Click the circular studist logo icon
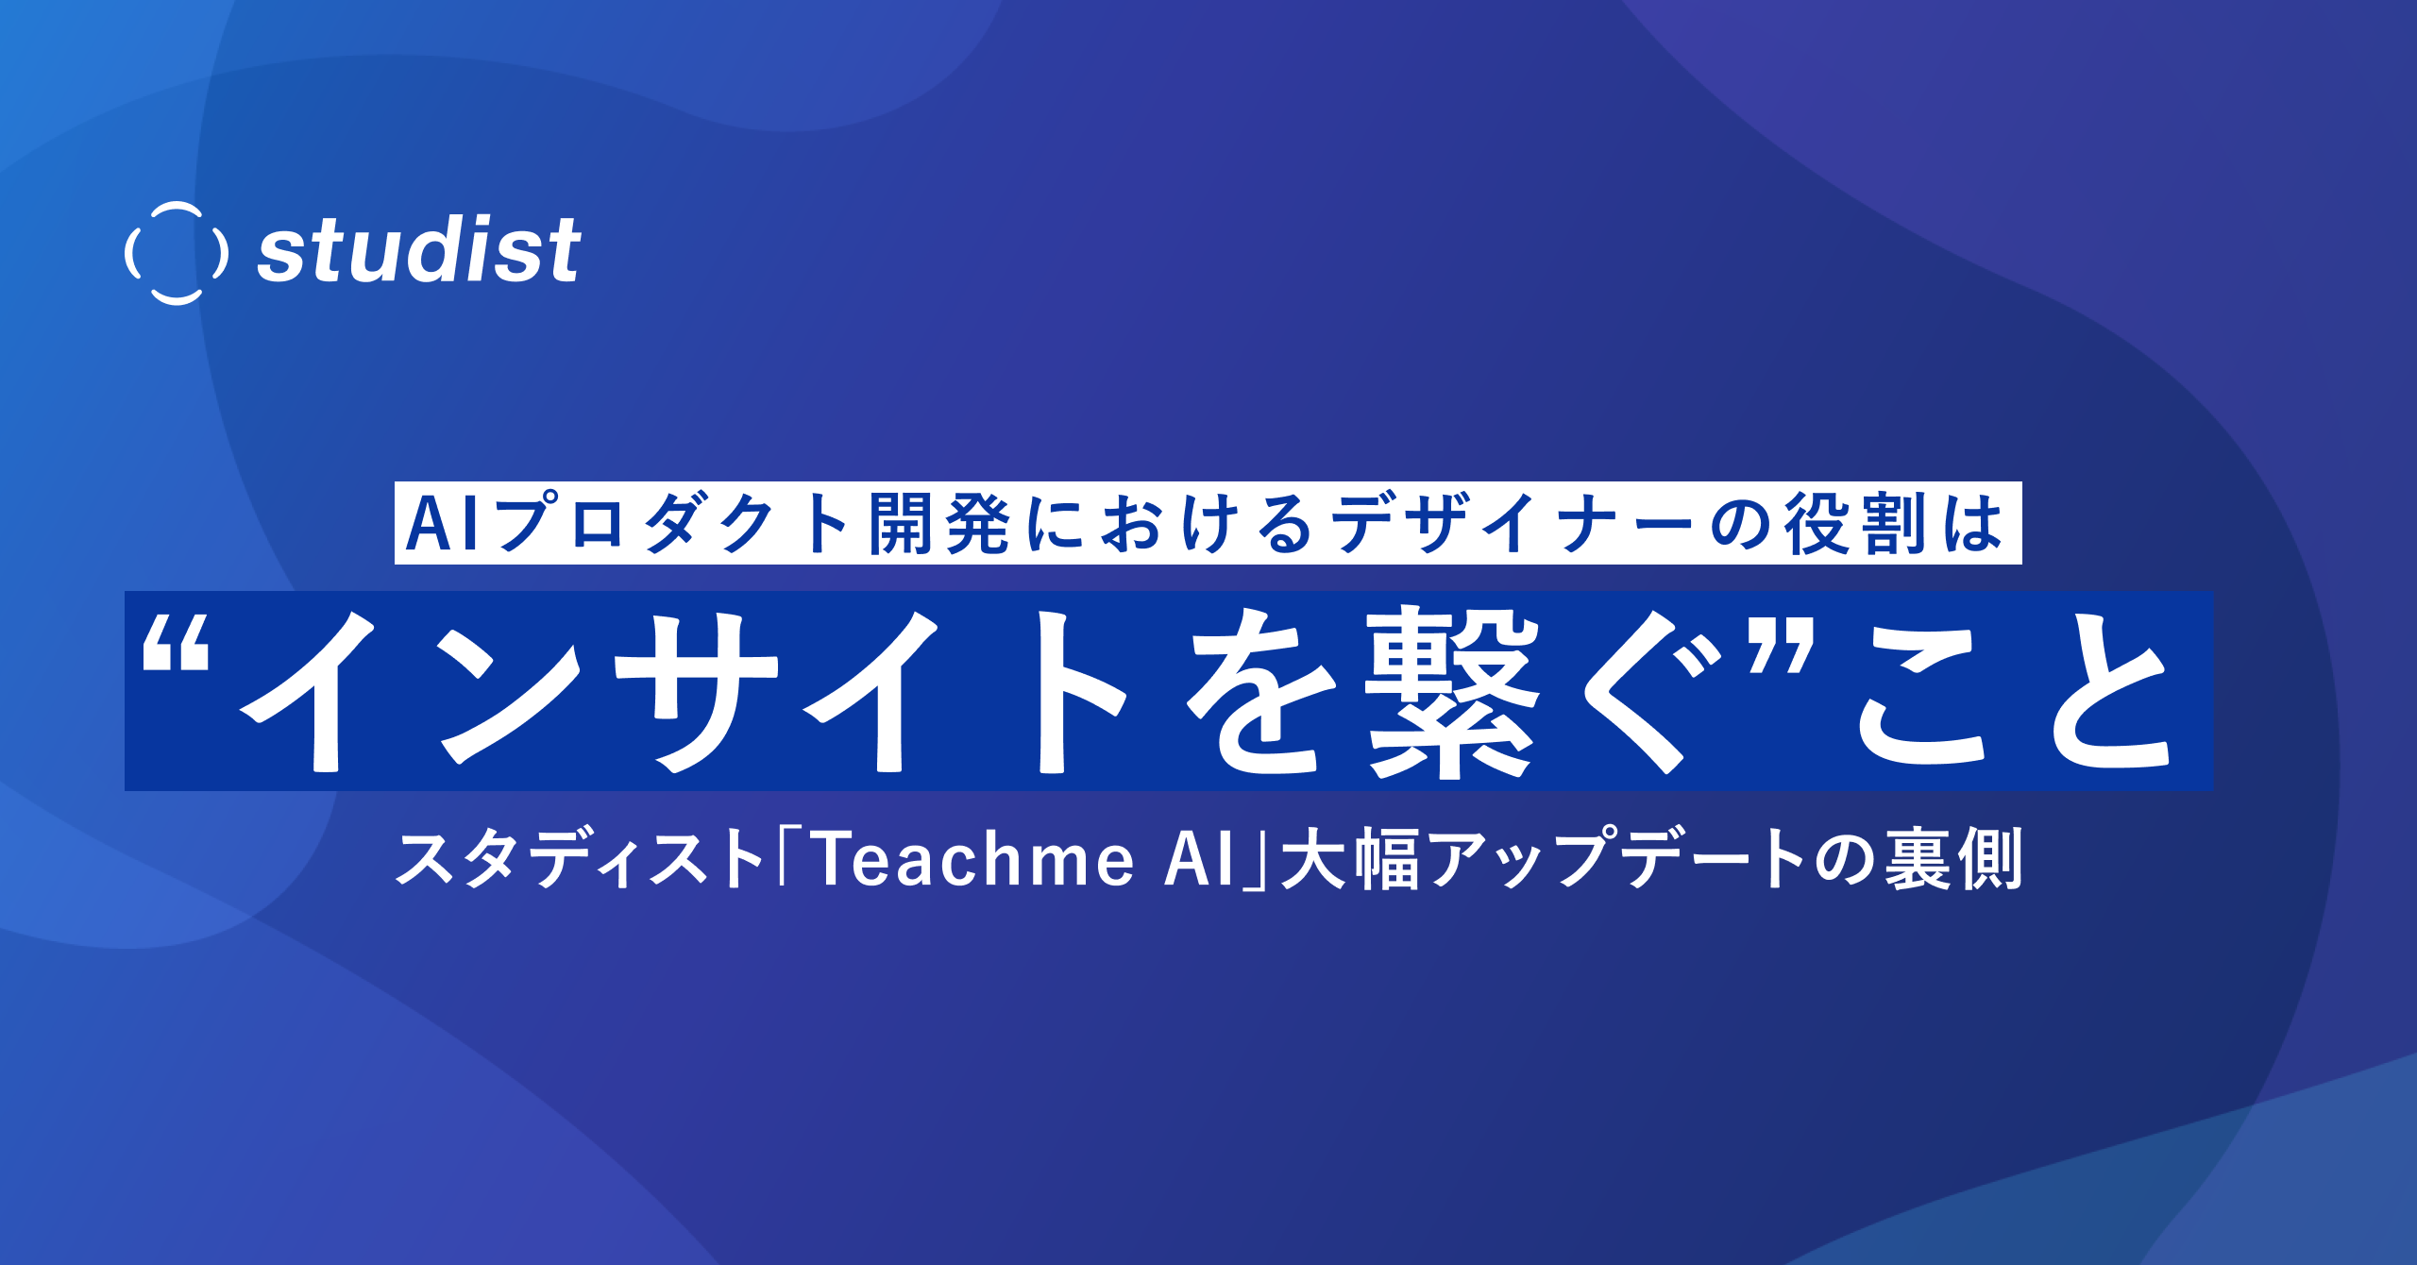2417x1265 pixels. point(177,253)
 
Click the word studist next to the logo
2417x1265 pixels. point(419,251)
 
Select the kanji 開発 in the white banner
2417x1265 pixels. point(940,525)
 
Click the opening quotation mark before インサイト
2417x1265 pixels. point(176,646)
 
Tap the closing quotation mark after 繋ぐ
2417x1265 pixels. point(1780,646)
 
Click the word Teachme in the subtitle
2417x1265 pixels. point(973,859)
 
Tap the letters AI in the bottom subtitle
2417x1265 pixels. point(1199,859)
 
